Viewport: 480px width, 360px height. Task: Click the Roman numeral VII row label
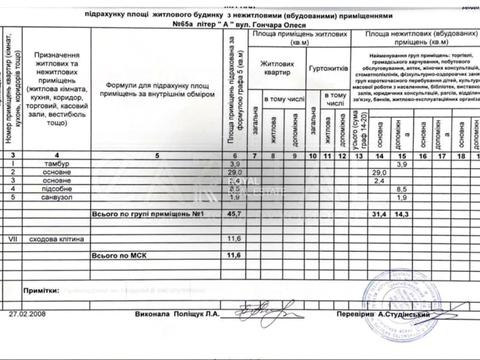click(x=13, y=239)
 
